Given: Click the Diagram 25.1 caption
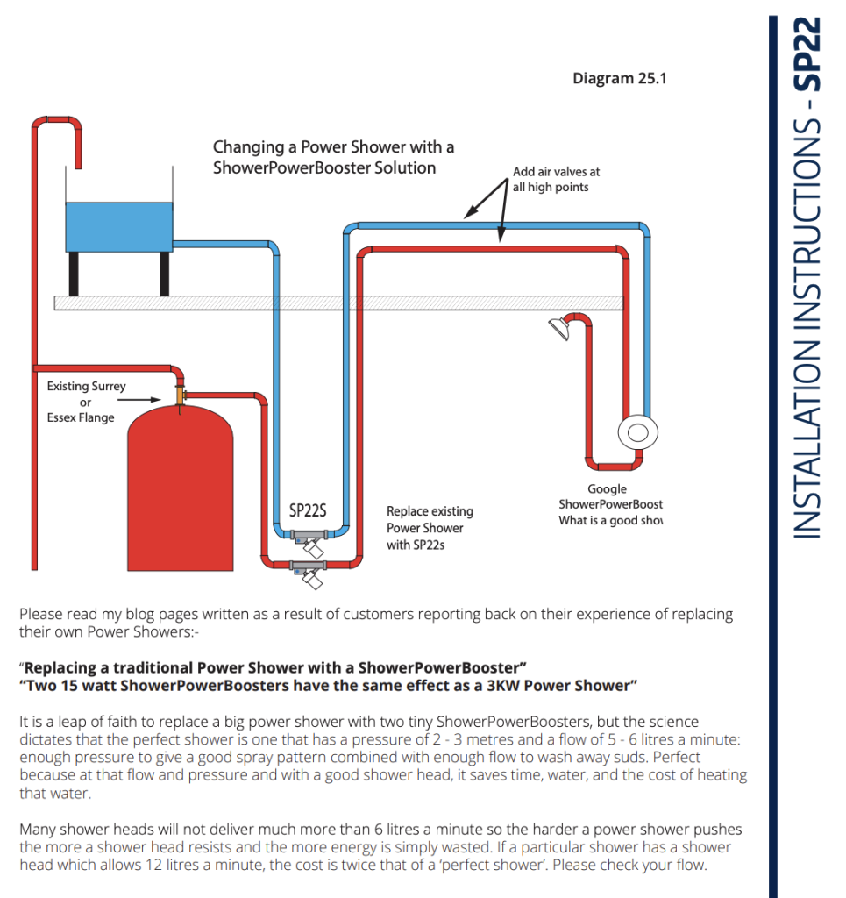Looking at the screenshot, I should (619, 78).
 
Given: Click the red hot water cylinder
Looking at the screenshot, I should (180, 491).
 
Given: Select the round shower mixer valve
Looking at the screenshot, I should (637, 432).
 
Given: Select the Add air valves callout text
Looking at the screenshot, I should (556, 180).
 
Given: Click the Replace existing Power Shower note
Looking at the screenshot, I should (430, 528).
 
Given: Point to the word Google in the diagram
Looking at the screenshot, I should (607, 489).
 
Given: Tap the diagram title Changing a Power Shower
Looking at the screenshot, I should (333, 157).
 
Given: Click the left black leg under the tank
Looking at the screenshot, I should (75, 273).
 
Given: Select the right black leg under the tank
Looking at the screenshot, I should (164, 273).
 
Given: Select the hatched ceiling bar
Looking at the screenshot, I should (338, 303).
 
